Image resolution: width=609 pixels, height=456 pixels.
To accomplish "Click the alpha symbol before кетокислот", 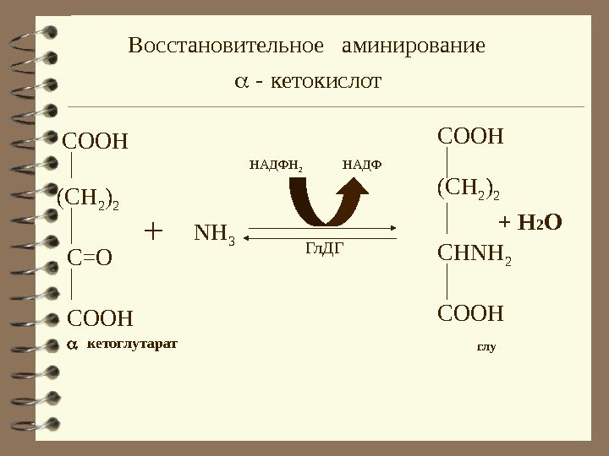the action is pos(241,83).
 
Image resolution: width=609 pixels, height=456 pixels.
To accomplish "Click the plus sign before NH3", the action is pos(154,230).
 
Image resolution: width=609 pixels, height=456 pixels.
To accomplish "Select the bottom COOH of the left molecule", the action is pos(100,318).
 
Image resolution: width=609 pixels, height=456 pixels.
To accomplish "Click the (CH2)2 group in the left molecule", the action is pos(88,200).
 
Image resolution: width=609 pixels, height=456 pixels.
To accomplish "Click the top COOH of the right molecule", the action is pos(470,135).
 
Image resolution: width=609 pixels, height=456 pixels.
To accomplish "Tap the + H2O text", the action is pos(531,223).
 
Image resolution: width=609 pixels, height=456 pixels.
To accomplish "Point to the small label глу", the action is pos(486,347).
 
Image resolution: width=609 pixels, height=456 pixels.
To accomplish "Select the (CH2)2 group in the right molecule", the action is pos(468,188).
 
